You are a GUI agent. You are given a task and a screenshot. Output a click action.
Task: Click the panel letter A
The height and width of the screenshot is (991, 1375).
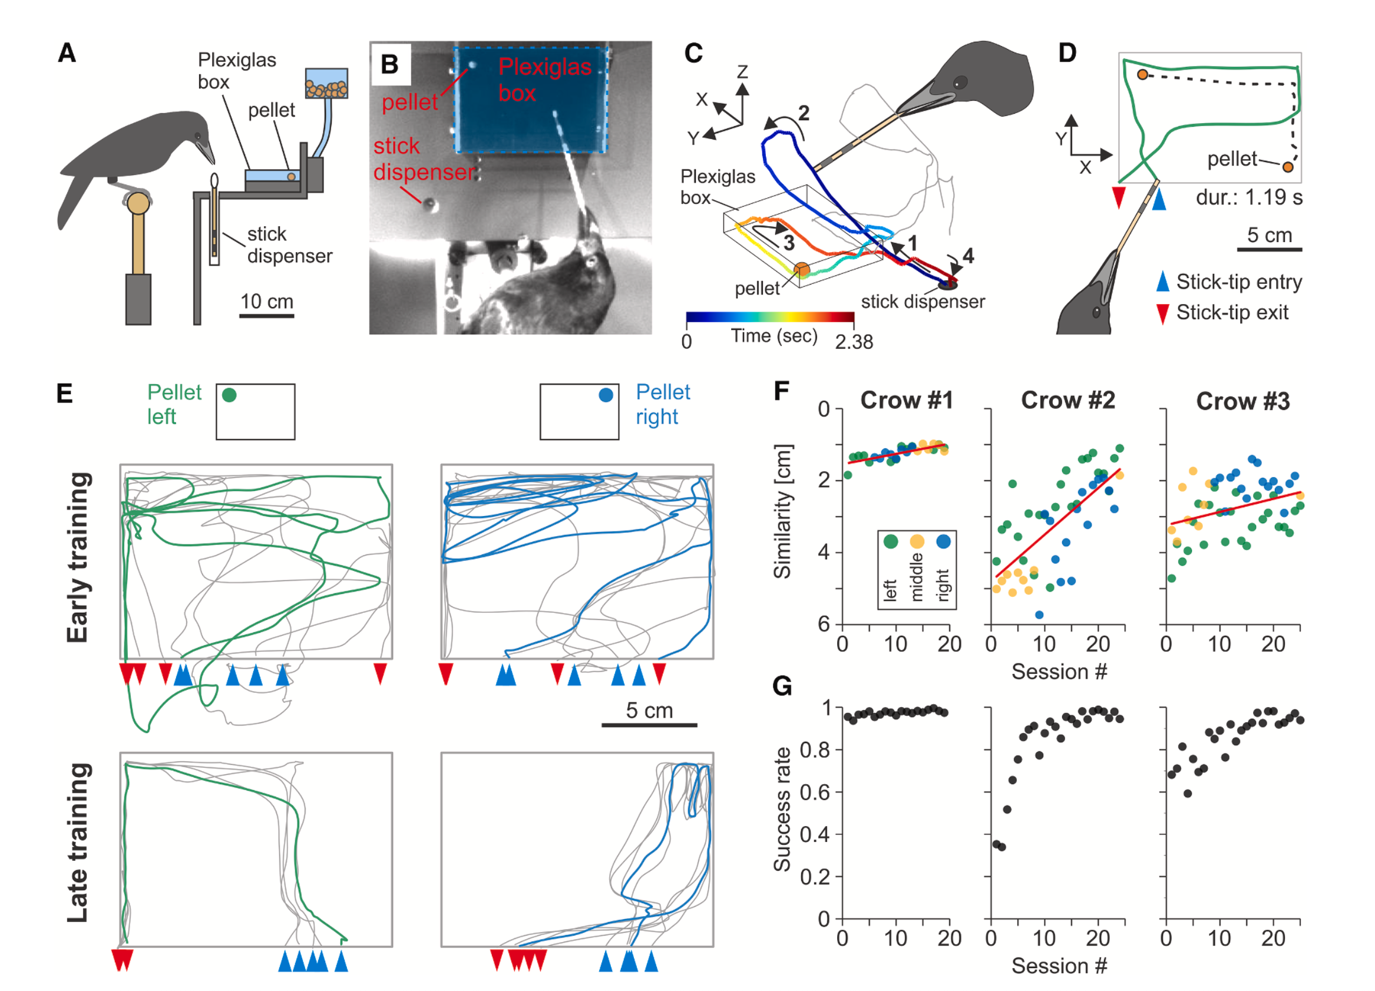tap(67, 54)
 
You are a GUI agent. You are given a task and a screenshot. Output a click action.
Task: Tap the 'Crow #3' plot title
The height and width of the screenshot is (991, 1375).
tap(1242, 401)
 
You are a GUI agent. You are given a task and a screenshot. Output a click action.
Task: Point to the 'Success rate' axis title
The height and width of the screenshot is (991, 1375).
tap(783, 810)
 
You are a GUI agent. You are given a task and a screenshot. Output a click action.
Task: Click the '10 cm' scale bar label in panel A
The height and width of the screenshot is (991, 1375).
tap(267, 302)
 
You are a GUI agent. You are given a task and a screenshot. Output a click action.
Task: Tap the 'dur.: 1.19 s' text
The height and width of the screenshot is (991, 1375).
tap(1249, 198)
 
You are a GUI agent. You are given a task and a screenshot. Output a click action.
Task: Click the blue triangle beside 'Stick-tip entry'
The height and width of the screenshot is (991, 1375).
tap(1163, 282)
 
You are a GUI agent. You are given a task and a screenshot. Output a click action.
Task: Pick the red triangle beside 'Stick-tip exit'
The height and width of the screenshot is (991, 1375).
tap(1163, 313)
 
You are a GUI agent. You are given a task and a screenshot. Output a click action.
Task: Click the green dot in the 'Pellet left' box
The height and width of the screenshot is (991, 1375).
tap(229, 395)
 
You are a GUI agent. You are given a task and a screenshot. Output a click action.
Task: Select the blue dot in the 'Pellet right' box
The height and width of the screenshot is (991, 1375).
tap(606, 395)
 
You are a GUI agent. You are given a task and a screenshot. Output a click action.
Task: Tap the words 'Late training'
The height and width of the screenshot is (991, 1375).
tap(78, 843)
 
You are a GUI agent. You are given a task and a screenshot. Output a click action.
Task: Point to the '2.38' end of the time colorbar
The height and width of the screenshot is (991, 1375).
tap(854, 343)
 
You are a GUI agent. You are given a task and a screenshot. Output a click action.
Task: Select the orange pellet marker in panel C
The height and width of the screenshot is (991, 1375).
tap(801, 270)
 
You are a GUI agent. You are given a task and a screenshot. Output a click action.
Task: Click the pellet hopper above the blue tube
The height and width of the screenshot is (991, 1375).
tap(326, 84)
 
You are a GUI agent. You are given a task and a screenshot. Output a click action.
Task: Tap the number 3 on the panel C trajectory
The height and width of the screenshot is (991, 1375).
tap(789, 243)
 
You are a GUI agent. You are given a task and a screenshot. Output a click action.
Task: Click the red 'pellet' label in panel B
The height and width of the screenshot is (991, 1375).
tap(409, 103)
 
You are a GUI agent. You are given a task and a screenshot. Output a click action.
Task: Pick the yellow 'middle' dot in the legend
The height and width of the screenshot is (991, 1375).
tap(917, 541)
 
